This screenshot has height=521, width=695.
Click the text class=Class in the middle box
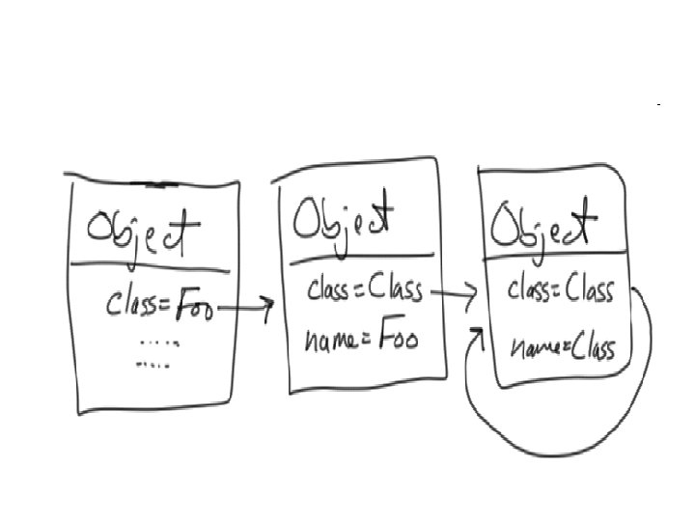[365, 289]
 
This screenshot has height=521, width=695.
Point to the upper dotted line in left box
[160, 343]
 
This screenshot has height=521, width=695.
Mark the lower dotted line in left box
[153, 366]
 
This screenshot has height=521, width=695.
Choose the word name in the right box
[533, 346]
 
